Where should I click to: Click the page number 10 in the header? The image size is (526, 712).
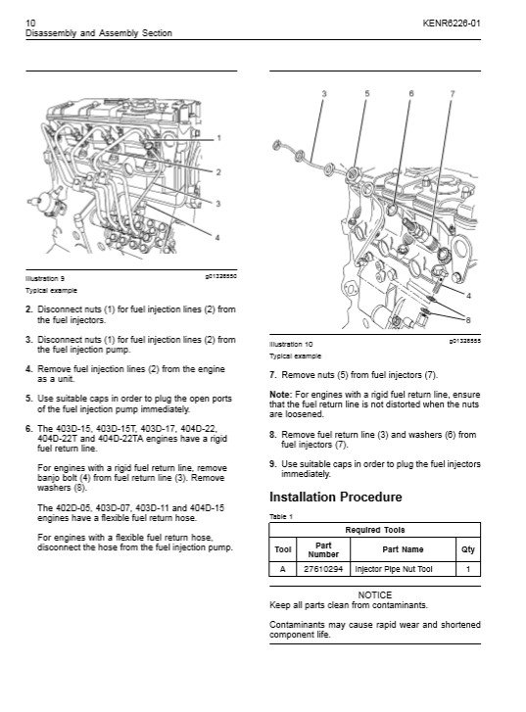(30, 23)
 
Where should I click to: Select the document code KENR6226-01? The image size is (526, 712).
(451, 24)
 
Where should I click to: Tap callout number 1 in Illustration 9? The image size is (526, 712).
(219, 138)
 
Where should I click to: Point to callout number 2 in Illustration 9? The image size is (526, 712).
(218, 172)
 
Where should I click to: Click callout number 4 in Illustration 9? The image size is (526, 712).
(217, 237)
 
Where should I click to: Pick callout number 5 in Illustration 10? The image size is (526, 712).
(367, 94)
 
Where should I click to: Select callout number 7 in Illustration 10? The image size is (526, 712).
(453, 94)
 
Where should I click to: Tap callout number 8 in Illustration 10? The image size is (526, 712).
(468, 320)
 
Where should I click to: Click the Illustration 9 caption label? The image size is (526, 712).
(45, 279)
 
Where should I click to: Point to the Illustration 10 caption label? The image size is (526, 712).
(291, 344)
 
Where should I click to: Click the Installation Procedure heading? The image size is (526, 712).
(336, 497)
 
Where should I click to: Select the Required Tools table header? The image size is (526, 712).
(375, 530)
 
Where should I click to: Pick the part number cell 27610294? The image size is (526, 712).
(323, 569)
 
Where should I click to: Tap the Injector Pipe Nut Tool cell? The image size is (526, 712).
(394, 569)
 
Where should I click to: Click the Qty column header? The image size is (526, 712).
(468, 549)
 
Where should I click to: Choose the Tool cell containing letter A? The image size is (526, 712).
(282, 569)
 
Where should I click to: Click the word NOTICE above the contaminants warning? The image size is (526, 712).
(375, 594)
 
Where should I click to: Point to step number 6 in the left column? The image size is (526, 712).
(29, 429)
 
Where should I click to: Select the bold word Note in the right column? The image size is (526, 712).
(280, 395)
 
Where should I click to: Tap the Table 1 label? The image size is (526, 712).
(281, 517)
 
